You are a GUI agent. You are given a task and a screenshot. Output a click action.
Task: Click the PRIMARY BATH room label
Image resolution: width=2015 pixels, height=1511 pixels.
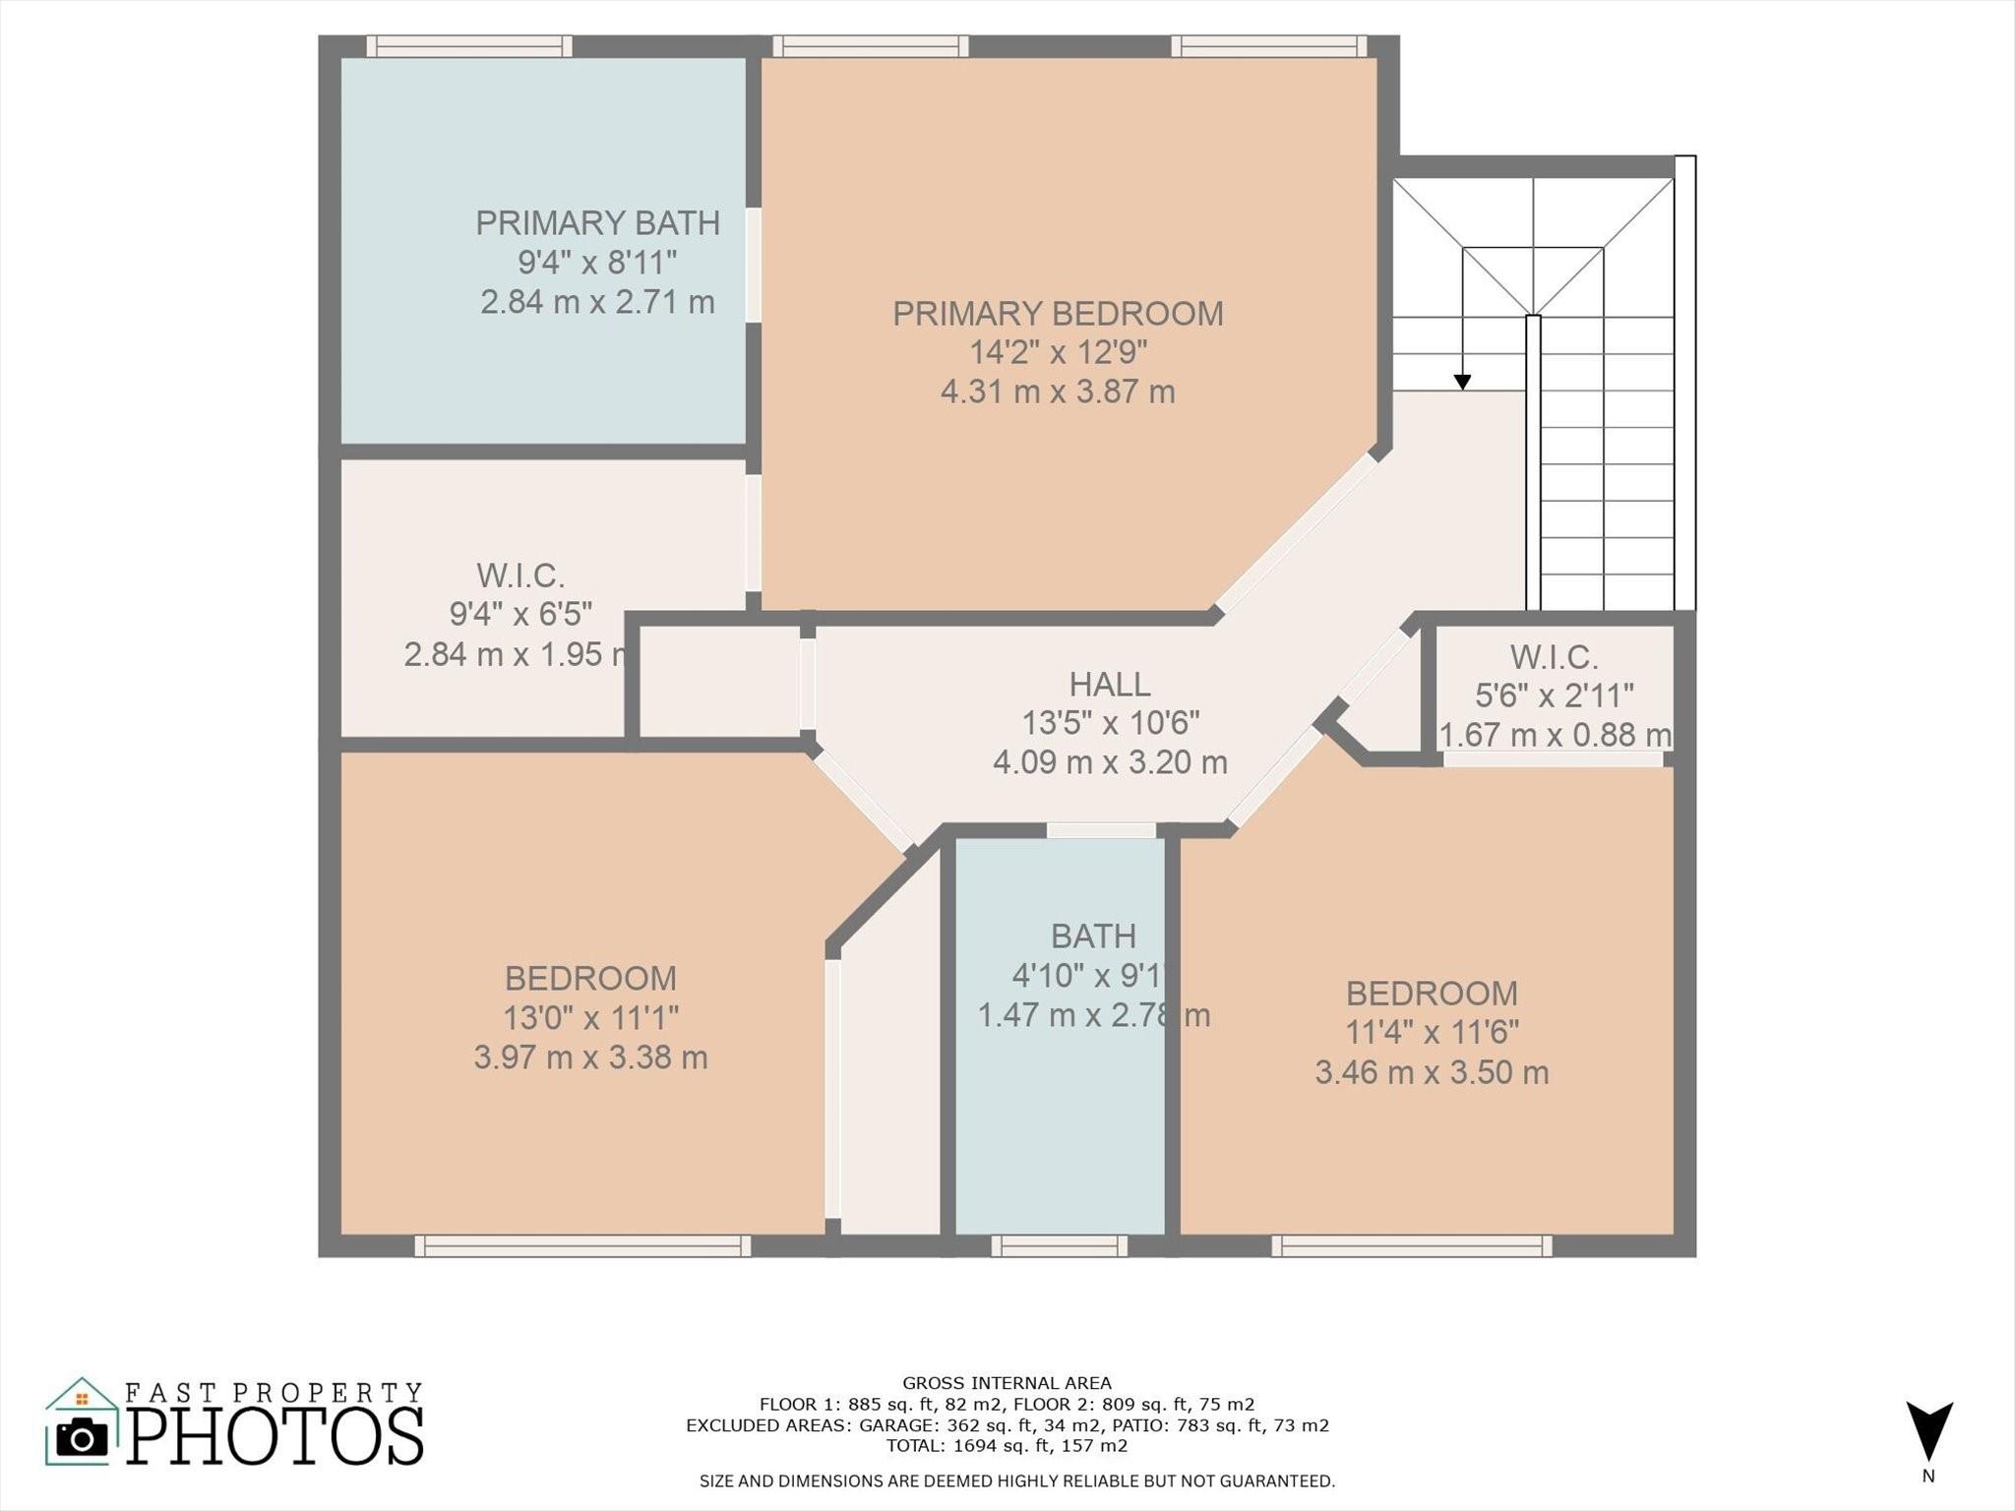point(597,223)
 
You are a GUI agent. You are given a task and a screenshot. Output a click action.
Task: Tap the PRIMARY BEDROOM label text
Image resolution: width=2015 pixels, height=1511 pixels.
point(1058,314)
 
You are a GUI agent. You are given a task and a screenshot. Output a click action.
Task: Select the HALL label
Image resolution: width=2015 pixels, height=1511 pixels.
point(1110,684)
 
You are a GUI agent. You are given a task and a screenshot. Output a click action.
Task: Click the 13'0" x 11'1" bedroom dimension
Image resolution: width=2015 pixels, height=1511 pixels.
point(590,1017)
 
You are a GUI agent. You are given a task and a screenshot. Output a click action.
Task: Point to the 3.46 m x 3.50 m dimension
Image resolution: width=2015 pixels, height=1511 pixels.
point(1432,1072)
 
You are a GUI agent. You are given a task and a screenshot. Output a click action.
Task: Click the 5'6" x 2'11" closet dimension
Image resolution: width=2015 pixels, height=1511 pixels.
point(1554,695)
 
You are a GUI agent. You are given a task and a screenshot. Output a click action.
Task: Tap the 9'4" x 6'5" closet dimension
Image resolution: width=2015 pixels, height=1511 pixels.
point(520,614)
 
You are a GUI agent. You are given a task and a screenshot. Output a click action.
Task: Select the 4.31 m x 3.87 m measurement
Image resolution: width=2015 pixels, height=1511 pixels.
point(1058,392)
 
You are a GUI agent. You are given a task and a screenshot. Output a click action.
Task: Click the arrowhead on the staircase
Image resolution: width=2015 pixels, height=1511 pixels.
point(1462,382)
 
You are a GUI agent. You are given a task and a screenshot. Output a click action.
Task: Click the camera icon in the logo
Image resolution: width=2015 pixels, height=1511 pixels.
point(82,1439)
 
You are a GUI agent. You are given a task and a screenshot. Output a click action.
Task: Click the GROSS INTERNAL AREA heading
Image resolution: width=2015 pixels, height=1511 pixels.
point(1007,1383)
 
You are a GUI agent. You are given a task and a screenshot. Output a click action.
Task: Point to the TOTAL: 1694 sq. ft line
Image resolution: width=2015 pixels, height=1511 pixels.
point(1007,1446)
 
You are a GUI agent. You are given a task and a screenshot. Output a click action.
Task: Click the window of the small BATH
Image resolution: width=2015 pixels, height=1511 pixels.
point(1059,1246)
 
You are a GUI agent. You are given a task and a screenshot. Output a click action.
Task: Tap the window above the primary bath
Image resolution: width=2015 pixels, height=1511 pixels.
point(470,46)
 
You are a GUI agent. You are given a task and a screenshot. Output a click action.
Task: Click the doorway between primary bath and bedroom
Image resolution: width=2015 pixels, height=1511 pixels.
point(754,265)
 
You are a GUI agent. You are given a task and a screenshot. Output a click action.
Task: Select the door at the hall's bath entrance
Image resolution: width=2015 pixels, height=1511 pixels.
point(1101,830)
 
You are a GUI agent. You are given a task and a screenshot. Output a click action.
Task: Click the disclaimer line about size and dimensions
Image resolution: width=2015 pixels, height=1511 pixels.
point(1017,1481)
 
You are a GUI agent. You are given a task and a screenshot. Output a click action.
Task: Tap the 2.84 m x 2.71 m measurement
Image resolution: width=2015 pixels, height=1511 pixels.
point(597,302)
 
